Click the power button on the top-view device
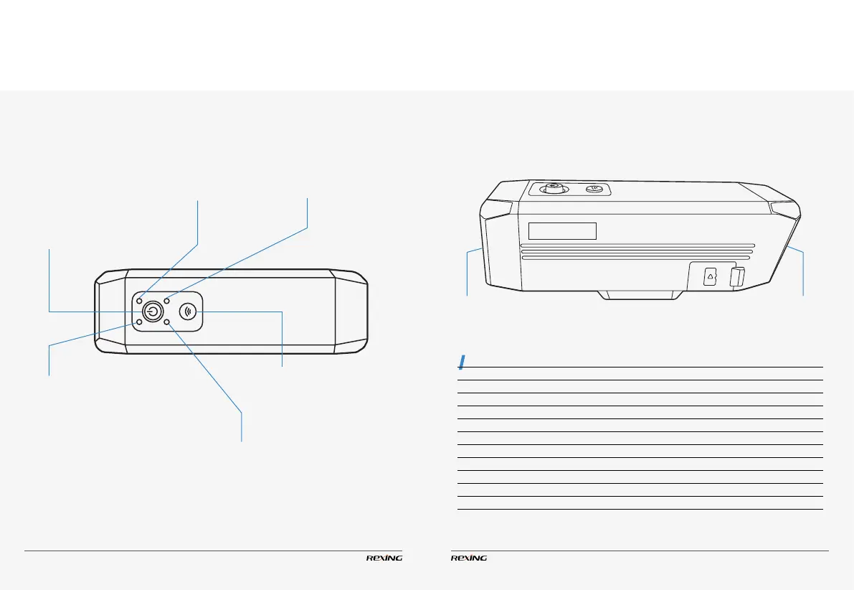(x=152, y=312)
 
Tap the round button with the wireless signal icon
(x=189, y=312)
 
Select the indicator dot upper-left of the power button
(x=140, y=300)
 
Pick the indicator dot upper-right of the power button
(x=166, y=300)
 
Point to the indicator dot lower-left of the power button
(x=140, y=322)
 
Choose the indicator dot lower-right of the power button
(x=166, y=322)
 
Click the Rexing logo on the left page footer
(x=384, y=558)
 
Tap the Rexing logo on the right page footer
(x=469, y=558)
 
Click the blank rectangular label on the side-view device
(x=563, y=230)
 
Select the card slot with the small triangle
(x=709, y=276)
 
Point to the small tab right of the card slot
(x=736, y=277)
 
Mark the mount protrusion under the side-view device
(x=640, y=294)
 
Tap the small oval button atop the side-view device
(x=593, y=189)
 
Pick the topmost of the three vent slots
(x=637, y=244)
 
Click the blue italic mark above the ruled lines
(x=463, y=360)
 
